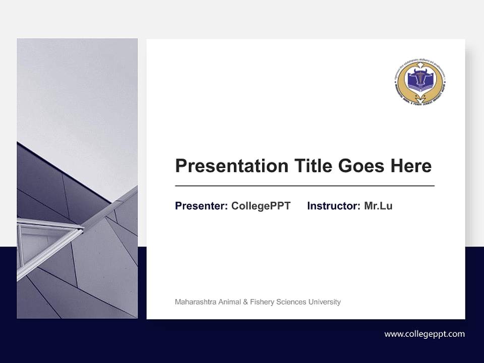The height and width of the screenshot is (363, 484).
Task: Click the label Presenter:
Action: pos(201,206)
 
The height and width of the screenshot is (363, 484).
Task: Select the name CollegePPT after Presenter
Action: pos(261,206)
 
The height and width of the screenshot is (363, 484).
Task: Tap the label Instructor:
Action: pos(333,206)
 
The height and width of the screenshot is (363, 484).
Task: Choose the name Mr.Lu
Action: pos(378,206)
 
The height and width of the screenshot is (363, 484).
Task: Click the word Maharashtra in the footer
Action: pos(194,302)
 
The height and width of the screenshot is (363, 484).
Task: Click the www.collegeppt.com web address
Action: pos(425,334)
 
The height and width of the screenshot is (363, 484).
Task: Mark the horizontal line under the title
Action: pos(305,186)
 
